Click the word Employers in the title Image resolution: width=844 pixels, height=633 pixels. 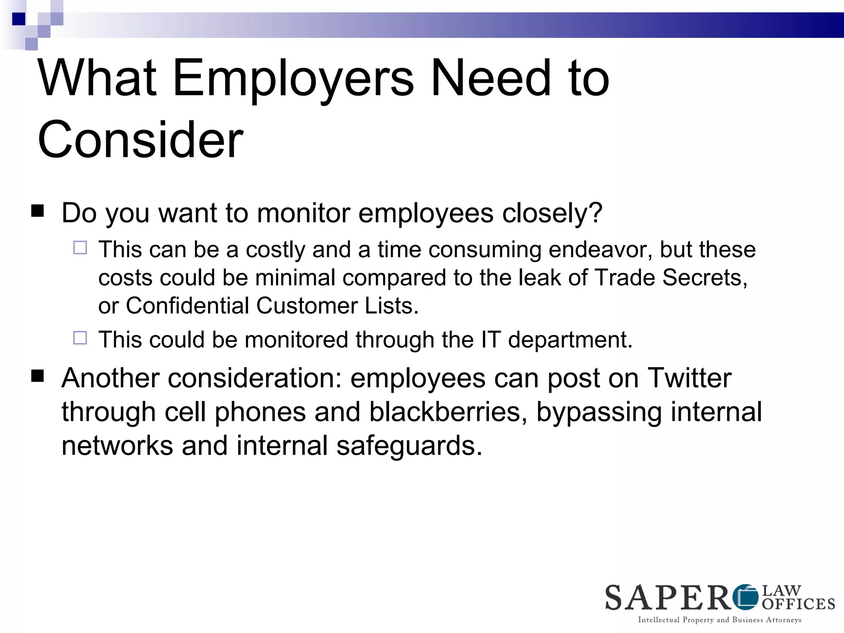293,78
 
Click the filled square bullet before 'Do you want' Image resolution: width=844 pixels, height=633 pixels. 38,211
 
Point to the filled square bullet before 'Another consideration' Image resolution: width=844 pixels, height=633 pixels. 38,376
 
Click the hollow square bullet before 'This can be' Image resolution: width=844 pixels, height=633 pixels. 80,248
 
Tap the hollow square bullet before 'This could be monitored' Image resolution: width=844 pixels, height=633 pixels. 80,338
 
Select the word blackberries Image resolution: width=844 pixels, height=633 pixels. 448,412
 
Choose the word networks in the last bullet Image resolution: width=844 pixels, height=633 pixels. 117,446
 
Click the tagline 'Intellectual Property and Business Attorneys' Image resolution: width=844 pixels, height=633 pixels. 720,620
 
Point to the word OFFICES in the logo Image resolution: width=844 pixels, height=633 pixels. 798,604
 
